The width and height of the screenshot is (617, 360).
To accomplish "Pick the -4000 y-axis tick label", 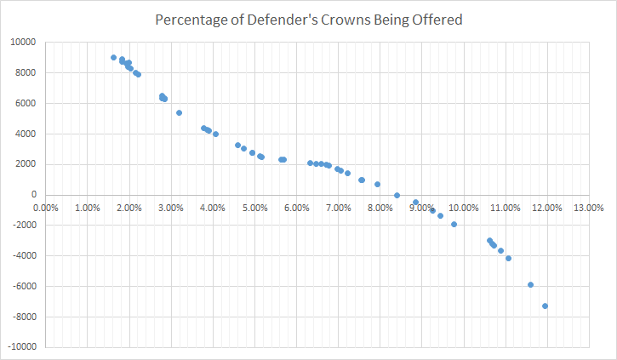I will (21, 256).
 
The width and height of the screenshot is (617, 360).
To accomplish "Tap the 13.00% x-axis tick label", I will (588, 207).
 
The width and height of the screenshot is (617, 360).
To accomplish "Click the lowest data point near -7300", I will (545, 306).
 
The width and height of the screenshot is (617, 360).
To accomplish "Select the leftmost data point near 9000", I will (113, 58).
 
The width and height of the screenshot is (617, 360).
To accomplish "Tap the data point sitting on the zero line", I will (397, 195).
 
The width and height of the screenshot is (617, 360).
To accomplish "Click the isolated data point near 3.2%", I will (179, 112).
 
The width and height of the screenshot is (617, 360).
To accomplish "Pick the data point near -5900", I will (530, 284).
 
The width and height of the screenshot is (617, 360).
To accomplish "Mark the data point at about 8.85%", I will (415, 203).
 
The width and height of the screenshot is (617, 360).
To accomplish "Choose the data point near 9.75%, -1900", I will (454, 224).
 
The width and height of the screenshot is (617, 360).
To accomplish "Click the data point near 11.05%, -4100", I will (508, 258).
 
